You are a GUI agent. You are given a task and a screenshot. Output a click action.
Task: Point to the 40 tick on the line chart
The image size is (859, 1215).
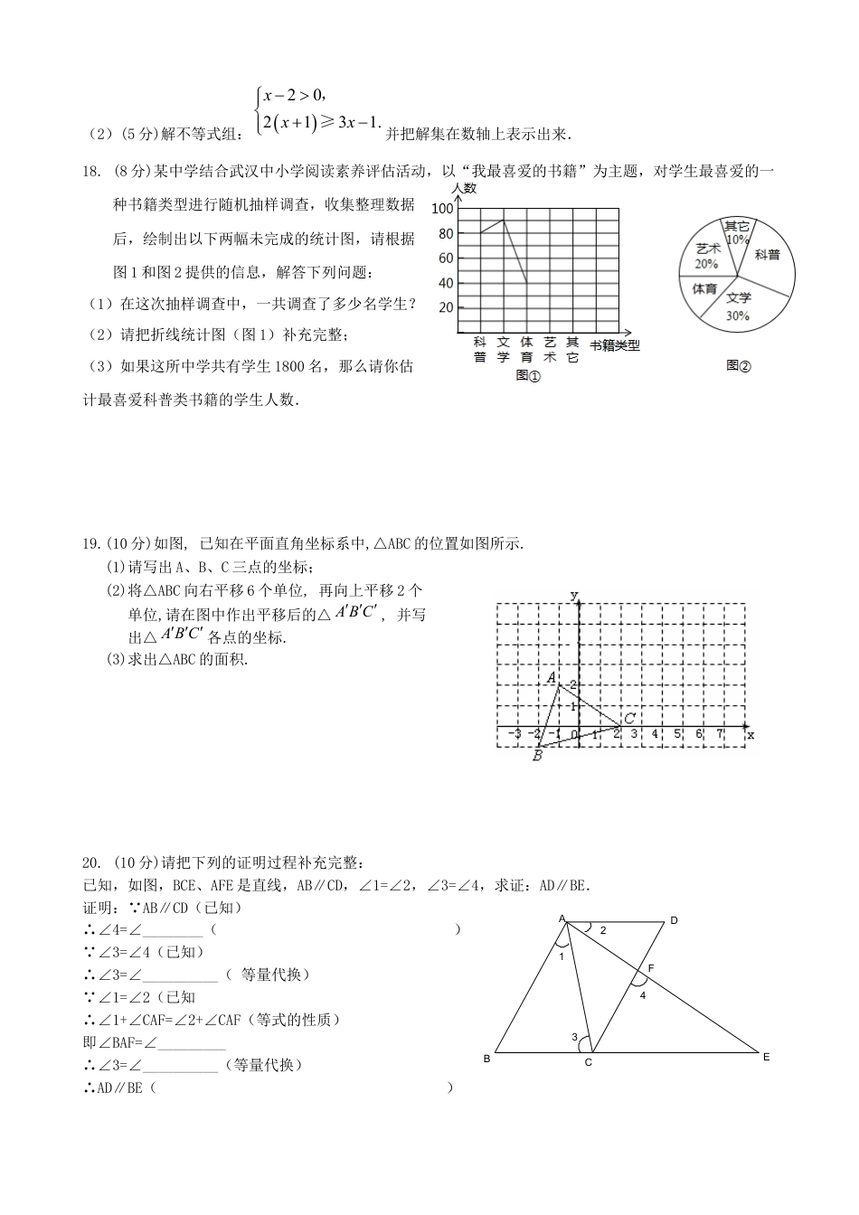pos(445,283)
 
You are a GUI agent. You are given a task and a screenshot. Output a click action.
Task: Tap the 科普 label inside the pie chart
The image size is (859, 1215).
pos(767,255)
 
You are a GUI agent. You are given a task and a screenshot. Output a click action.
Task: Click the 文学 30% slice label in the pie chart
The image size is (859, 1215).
pos(738,306)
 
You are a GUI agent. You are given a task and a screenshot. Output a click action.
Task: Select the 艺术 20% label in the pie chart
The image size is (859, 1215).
pos(707,256)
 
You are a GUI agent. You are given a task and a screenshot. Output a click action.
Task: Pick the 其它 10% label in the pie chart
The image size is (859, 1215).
pos(737,232)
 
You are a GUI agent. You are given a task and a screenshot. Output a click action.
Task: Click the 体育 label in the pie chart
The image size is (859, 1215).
pos(704,288)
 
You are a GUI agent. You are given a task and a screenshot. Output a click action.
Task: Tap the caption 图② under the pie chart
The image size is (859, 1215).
pos(738,366)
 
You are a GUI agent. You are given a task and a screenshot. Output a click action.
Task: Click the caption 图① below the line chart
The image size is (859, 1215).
pos(527,375)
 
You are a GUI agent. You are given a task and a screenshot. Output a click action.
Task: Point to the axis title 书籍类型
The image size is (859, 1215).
pos(614,344)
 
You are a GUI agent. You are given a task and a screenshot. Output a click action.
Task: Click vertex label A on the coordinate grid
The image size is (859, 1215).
pos(550,677)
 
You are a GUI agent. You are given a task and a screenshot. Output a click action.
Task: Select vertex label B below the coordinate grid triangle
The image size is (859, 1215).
pos(537,756)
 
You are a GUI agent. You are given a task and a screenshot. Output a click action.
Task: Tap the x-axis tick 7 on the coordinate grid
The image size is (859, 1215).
pos(720,734)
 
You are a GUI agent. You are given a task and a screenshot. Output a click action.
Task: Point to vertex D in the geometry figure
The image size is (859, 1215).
pos(673,920)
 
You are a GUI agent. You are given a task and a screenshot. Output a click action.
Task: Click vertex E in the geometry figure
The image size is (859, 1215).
pos(766,1056)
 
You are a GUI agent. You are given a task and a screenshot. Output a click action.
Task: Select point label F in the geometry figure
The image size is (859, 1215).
pos(650,968)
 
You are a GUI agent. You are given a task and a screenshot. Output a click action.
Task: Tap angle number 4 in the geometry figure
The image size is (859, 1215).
pos(643,995)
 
